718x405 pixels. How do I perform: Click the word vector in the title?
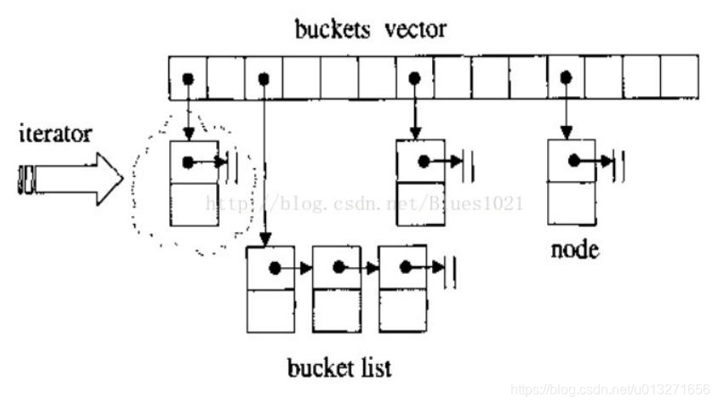click(x=413, y=30)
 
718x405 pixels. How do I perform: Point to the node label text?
click(x=576, y=251)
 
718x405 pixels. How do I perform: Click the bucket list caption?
click(x=339, y=368)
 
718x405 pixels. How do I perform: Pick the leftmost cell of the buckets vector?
click(x=188, y=77)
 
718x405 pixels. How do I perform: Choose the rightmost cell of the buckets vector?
click(x=680, y=77)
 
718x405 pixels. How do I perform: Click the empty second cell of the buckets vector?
click(x=225, y=77)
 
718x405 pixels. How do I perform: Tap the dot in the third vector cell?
click(x=264, y=78)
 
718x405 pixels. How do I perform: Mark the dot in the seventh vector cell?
click(x=414, y=78)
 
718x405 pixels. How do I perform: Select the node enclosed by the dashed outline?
click(x=195, y=183)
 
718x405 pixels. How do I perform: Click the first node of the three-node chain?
click(x=271, y=289)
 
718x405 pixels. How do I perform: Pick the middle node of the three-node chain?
click(x=336, y=289)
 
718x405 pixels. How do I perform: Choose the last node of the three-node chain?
click(x=402, y=289)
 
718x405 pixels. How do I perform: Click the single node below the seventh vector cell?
click(x=421, y=183)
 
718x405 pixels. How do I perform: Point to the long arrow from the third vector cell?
click(x=265, y=162)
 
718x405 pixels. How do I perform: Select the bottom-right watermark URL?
click(x=612, y=389)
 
